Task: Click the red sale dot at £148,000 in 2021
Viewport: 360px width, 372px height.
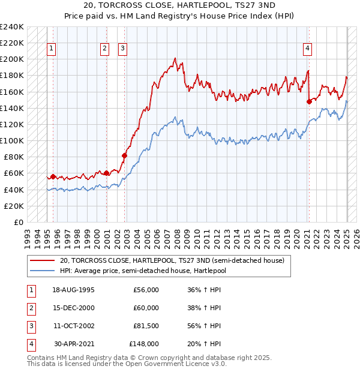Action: click(x=309, y=101)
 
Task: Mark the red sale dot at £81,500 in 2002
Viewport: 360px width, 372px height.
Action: click(x=125, y=156)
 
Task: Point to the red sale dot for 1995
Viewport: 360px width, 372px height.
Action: click(x=53, y=176)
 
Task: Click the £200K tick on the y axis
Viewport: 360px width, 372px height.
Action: click(x=12, y=59)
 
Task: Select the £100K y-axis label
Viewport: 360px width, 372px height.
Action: click(x=12, y=140)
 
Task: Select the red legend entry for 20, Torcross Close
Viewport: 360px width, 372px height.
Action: click(x=175, y=260)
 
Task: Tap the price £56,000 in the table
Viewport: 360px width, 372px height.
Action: click(x=146, y=290)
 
